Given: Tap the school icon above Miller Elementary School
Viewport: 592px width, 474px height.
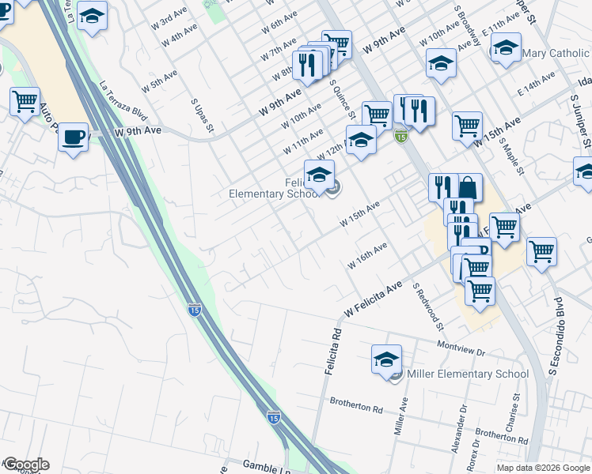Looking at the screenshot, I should [x=386, y=359].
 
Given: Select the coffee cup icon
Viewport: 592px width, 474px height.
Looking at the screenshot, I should [x=74, y=137].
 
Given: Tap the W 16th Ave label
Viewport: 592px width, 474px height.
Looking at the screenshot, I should [x=367, y=256].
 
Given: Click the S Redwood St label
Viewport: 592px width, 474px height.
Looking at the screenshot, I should [x=427, y=308].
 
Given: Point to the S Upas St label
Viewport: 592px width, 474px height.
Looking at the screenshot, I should [x=197, y=115].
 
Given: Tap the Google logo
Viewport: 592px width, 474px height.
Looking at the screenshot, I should [x=26, y=465].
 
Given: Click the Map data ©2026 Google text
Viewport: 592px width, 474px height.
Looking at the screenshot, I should [x=542, y=468].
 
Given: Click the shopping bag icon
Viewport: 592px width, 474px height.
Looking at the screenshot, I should [x=469, y=188].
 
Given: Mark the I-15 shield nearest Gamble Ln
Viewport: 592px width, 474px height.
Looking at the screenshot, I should [x=273, y=416].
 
